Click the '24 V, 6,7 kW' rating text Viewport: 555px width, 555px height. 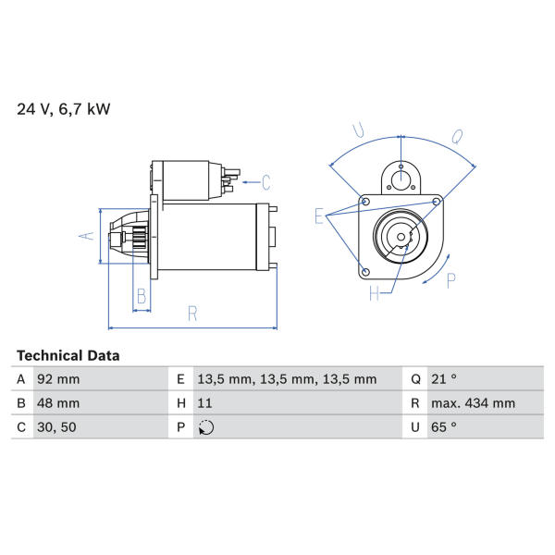point(64,108)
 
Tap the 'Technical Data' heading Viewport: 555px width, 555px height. point(68,355)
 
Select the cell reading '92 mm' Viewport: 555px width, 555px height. point(58,379)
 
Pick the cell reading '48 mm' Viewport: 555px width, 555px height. point(58,403)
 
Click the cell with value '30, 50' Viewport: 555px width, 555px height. point(56,427)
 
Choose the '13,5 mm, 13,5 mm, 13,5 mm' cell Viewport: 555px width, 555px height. point(287,379)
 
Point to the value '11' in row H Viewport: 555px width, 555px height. point(204,403)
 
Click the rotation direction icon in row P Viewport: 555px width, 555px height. point(206,427)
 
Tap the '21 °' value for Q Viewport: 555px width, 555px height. point(444,379)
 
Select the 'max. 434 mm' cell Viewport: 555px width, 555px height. point(473,403)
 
